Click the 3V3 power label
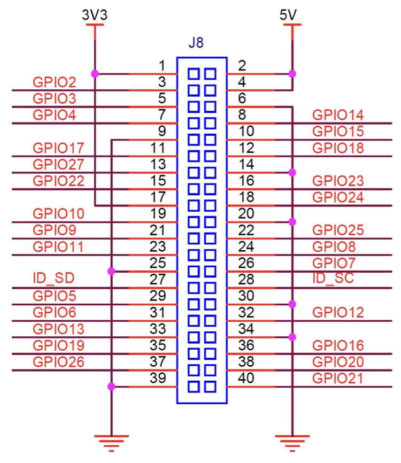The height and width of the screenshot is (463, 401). [95, 15]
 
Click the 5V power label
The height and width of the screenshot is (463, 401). [288, 15]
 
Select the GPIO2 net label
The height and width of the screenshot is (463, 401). [55, 83]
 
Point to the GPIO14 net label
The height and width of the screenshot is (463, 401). [338, 115]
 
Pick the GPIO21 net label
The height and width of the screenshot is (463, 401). [338, 379]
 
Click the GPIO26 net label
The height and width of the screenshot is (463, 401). [58, 362]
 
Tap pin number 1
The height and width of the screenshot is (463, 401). [163, 66]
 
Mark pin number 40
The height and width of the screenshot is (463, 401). [246, 379]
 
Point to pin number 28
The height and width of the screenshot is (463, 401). [246, 280]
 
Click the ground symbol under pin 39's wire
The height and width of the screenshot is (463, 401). [111, 441]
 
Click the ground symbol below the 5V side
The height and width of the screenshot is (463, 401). [292, 441]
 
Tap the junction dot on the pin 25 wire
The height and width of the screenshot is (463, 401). [111, 272]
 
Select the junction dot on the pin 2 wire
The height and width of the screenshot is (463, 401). [292, 74]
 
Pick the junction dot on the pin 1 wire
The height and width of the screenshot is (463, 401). [95, 74]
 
